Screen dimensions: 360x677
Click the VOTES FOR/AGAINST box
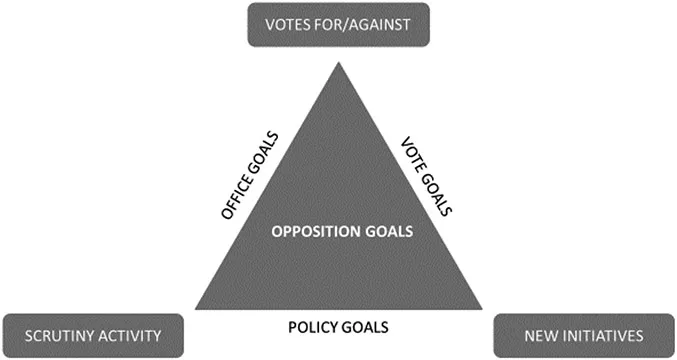pyautogui.click(x=338, y=24)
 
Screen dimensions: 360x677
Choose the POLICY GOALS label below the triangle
pyautogui.click(x=338, y=326)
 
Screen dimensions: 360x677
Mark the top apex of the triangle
pyautogui.click(x=338, y=64)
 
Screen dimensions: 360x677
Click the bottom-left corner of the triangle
pyautogui.click(x=196, y=308)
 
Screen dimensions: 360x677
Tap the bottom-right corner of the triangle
pyautogui.click(x=481, y=308)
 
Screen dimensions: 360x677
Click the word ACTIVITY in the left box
pyautogui.click(x=134, y=335)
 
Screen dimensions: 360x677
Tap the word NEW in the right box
pyautogui.click(x=535, y=335)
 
